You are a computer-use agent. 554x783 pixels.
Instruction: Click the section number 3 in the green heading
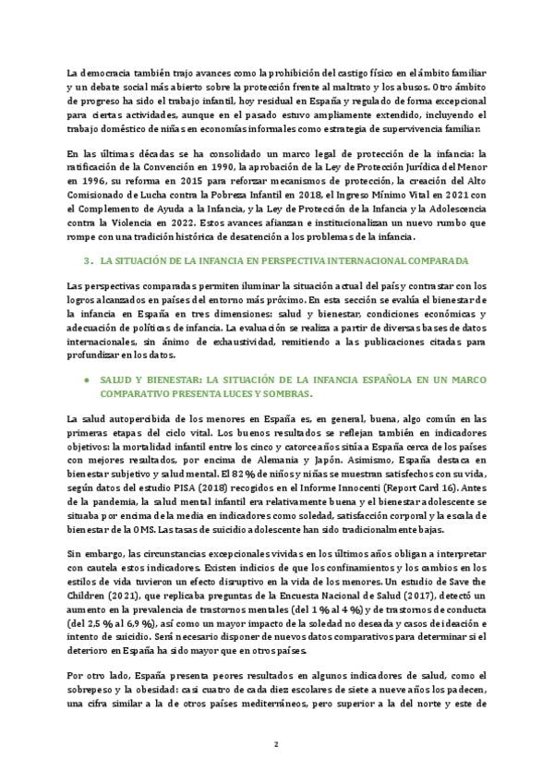(86, 261)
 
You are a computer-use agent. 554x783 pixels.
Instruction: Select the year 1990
(252, 167)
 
